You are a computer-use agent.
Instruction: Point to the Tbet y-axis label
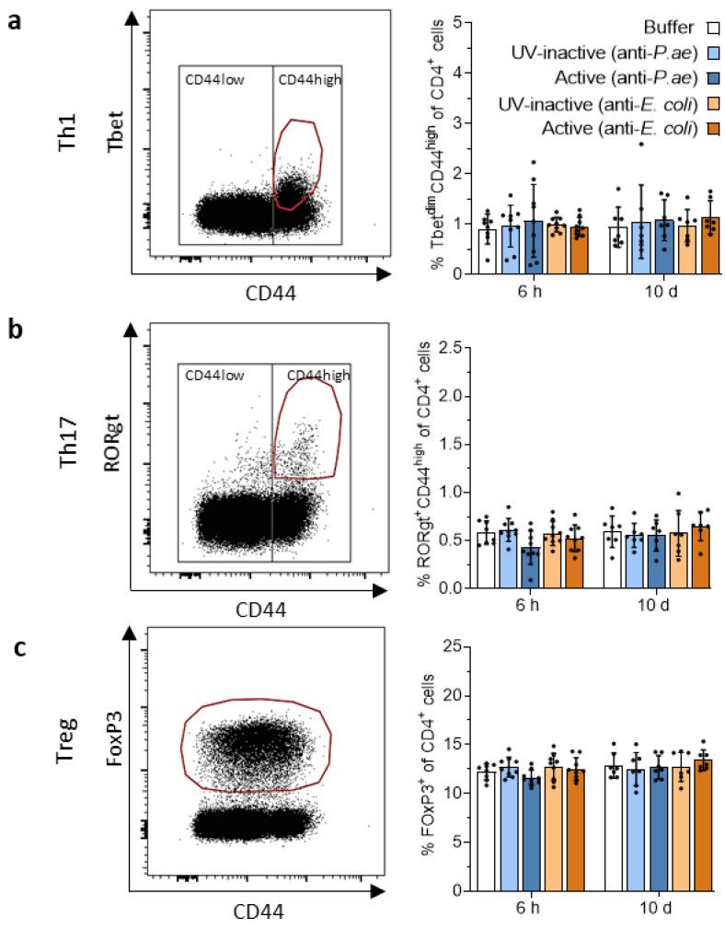tap(113, 147)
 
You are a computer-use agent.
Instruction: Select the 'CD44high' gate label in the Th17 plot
tap(317, 375)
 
